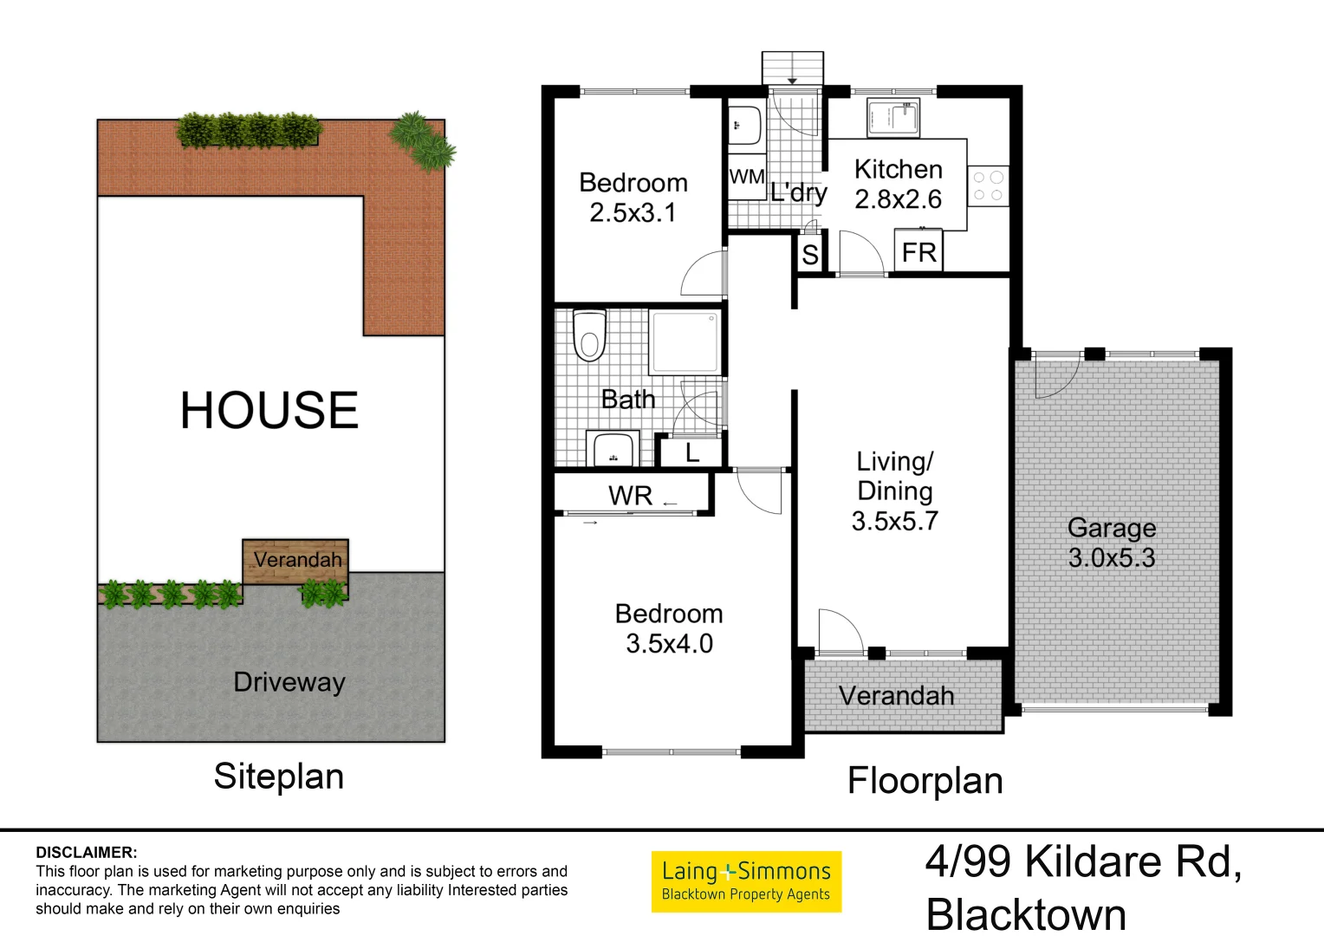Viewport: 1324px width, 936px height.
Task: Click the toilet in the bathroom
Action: tap(590, 336)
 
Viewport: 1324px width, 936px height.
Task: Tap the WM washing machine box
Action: tap(746, 178)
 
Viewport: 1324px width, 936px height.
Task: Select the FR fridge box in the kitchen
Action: tap(918, 252)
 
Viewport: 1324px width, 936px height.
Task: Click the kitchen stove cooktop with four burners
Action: tap(988, 185)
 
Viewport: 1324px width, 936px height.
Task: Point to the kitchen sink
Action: tap(893, 119)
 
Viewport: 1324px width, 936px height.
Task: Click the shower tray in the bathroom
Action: tap(685, 342)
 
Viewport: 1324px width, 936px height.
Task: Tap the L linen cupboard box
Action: tap(691, 452)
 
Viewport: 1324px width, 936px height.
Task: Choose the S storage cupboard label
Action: tap(810, 255)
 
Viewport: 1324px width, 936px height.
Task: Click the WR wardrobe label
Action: tap(630, 496)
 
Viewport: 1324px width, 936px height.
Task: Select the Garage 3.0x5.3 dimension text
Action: tap(1112, 557)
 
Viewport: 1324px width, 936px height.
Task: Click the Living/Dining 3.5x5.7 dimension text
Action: tap(895, 521)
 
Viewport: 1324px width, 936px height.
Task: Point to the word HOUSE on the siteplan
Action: tap(269, 410)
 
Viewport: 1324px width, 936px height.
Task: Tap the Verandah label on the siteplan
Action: tap(297, 560)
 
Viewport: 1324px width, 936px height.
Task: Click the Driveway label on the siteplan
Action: tap(289, 682)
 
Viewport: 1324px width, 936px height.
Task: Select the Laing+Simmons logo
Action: tap(746, 881)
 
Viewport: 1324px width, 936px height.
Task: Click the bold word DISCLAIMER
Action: tap(87, 853)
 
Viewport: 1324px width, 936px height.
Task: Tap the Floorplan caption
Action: tap(925, 781)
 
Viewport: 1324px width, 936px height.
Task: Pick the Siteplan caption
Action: tap(279, 777)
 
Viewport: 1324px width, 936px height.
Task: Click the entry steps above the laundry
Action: tap(792, 68)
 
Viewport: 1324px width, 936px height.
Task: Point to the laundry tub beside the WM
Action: tap(743, 126)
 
